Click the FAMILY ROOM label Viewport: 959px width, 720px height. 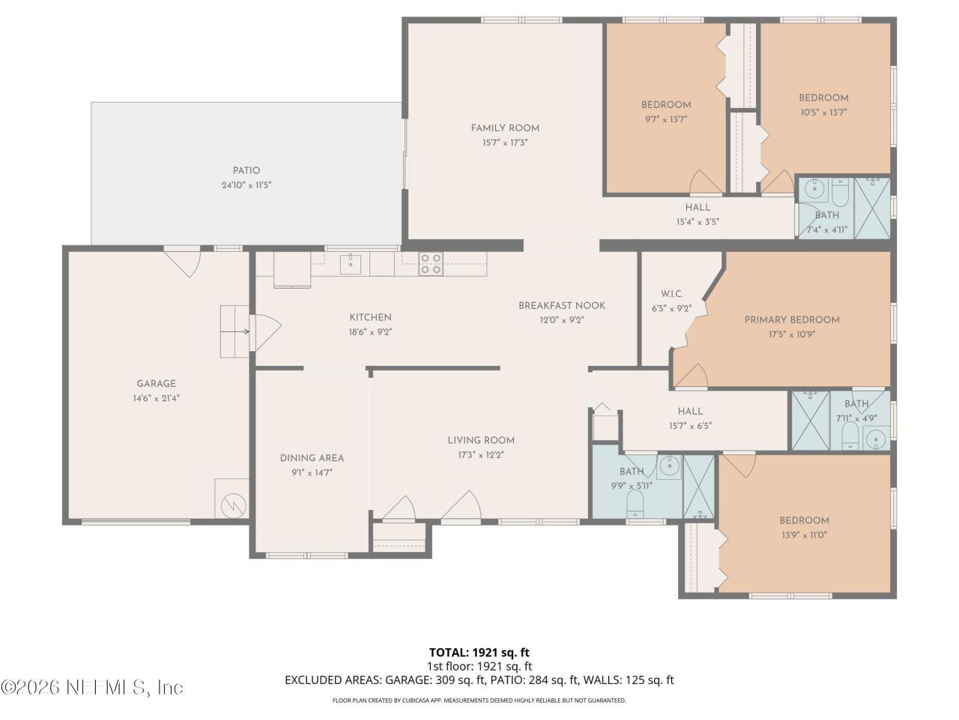click(505, 128)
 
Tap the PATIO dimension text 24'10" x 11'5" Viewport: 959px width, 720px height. click(246, 185)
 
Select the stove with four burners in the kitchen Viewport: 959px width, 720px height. click(430, 263)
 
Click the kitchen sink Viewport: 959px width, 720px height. click(351, 264)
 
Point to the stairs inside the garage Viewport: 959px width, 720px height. click(235, 331)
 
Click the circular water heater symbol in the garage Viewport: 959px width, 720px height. click(233, 506)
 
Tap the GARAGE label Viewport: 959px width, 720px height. click(156, 383)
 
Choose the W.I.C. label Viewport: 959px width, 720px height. click(671, 294)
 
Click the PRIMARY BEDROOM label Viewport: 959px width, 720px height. click(792, 319)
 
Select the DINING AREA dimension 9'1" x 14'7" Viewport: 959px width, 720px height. click(312, 472)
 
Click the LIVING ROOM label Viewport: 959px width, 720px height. click(480, 440)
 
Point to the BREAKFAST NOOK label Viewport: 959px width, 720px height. click(561, 305)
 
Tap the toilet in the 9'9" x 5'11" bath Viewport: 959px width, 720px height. click(635, 503)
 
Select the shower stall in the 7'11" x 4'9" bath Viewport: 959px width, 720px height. click(811, 420)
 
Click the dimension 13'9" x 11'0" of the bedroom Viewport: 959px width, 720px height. click(805, 535)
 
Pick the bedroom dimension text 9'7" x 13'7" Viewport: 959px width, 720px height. click(666, 119)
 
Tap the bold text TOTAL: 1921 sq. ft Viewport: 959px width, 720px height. click(479, 652)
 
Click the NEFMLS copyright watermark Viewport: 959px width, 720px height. click(91, 688)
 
